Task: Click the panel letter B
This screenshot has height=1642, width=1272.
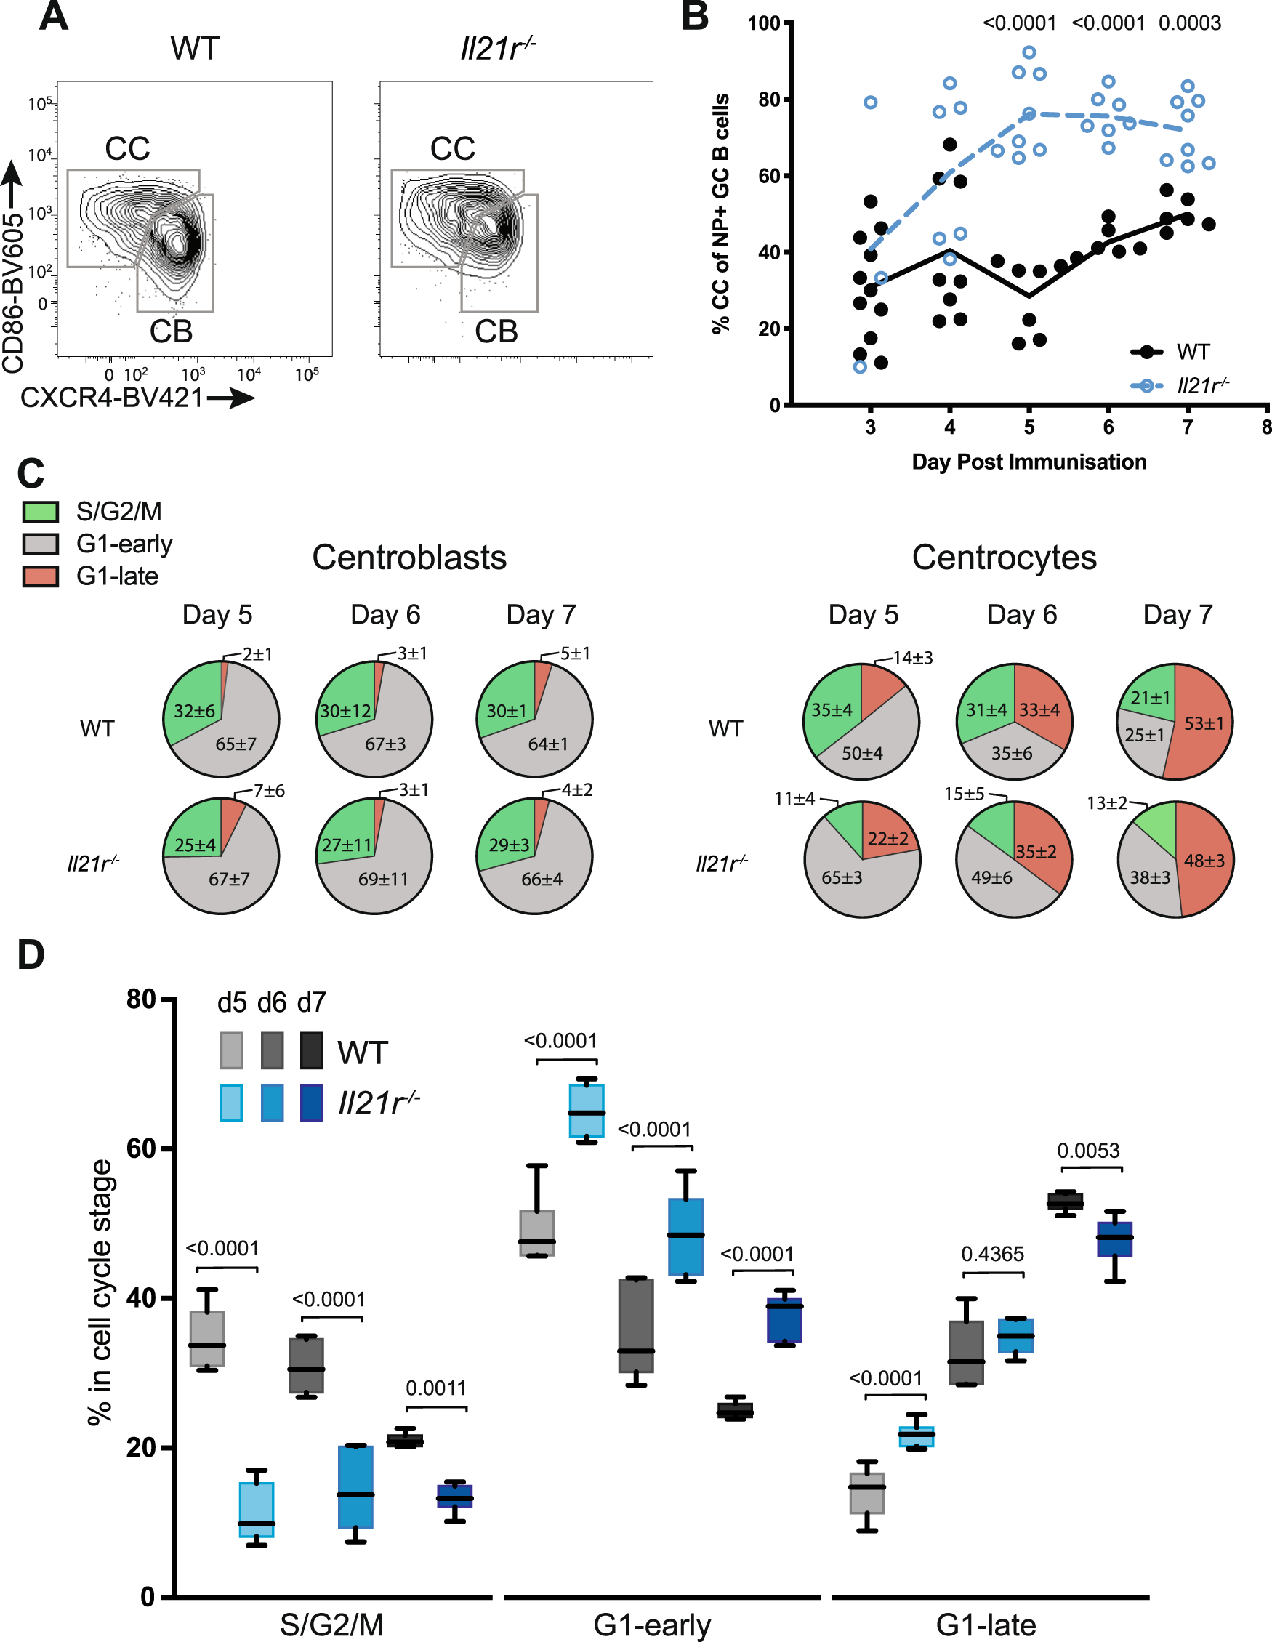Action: (695, 17)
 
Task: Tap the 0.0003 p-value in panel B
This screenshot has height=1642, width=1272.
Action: (1189, 23)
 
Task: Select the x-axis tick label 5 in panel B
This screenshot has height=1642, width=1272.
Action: (1029, 427)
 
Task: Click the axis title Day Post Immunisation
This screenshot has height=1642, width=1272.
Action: (1029, 462)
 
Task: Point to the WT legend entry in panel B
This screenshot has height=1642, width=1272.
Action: (1192, 352)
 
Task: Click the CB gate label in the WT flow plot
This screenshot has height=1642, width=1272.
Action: (171, 331)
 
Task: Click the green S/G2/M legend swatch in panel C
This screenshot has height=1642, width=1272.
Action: (41, 512)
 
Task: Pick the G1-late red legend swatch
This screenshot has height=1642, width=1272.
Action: (41, 576)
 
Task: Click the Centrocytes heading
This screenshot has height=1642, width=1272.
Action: (1004, 558)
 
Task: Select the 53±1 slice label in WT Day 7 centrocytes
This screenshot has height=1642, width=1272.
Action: (1204, 723)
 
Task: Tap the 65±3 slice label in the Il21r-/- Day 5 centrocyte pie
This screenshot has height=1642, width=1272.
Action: (841, 877)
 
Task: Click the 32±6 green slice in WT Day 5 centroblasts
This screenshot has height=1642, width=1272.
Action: (194, 710)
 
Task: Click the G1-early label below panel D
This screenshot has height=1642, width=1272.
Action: (652, 1625)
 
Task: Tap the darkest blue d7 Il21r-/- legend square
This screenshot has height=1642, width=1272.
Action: (311, 1103)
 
